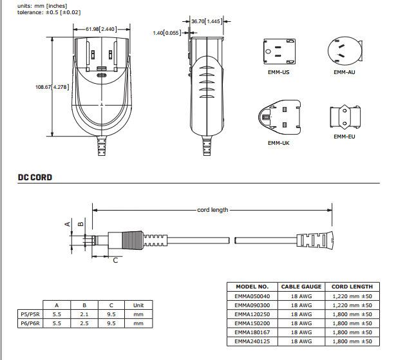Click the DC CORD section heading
[35, 177]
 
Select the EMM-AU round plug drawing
[344, 50]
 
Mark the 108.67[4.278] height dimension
[52, 87]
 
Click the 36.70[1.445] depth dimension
[206, 21]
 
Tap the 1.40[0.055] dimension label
[167, 33]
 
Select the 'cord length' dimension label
[212, 210]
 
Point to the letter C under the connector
[115, 261]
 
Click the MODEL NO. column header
[252, 286]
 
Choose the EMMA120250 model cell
[252, 314]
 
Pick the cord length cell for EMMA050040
[352, 296]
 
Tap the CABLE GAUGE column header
[301, 286]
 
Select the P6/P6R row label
[31, 323]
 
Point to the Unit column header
[138, 305]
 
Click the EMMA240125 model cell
[252, 341]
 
